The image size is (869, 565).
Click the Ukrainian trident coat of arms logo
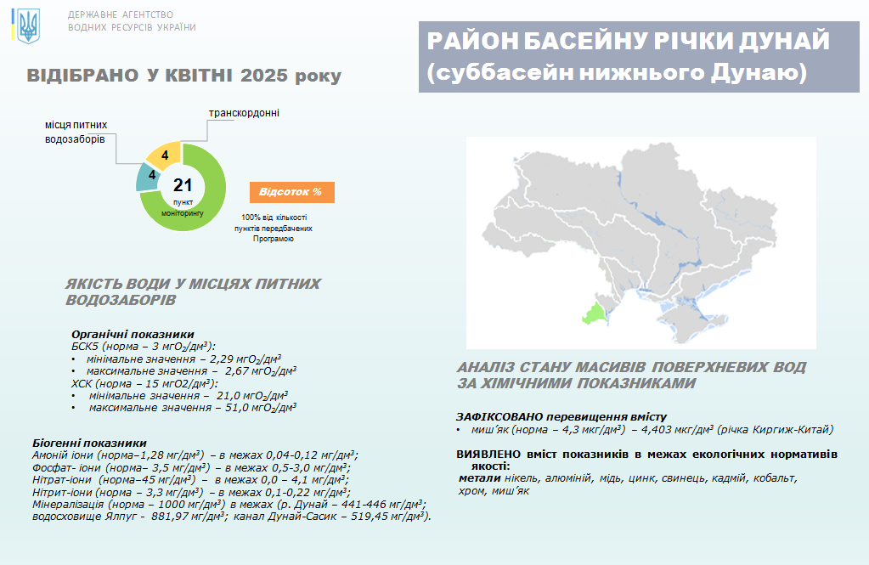[x=28, y=25]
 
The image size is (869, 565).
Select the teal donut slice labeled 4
[x=149, y=177]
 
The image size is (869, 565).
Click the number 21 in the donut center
[x=183, y=185]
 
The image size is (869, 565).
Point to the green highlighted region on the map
[x=595, y=314]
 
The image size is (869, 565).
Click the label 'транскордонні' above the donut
[x=244, y=113]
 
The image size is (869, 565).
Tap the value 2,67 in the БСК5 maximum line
[x=237, y=371]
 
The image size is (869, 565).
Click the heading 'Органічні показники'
[x=133, y=335]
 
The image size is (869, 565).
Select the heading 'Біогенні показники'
[x=89, y=443]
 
